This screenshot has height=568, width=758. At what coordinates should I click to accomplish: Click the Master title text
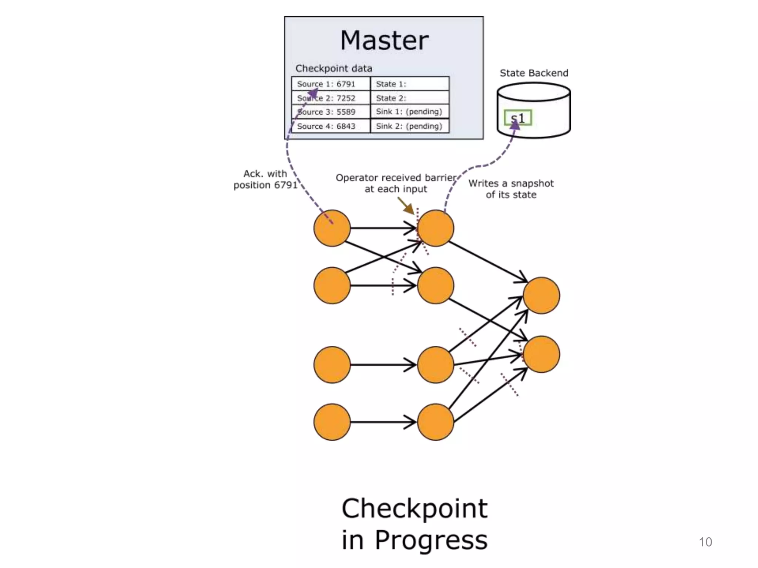384,40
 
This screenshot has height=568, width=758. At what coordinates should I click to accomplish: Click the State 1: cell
410,84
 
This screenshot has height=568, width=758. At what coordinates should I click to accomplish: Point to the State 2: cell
410,98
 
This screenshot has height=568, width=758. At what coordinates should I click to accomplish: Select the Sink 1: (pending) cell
410,112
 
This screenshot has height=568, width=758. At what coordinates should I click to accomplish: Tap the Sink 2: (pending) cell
410,126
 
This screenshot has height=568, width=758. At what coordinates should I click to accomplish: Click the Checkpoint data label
333,68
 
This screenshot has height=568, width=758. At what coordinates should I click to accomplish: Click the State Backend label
534,73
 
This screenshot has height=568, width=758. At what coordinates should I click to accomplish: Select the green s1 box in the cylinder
518,118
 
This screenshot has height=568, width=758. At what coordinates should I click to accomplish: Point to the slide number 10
705,542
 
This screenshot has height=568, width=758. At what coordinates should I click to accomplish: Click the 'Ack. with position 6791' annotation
265,179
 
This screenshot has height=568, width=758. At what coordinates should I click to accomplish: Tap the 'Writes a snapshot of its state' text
511,189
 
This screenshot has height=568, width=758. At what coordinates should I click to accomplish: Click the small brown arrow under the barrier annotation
406,205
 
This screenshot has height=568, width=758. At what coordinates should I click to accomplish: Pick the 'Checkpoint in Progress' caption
415,524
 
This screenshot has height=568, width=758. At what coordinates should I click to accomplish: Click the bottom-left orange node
332,422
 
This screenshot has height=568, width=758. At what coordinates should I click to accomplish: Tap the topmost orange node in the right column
541,295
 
